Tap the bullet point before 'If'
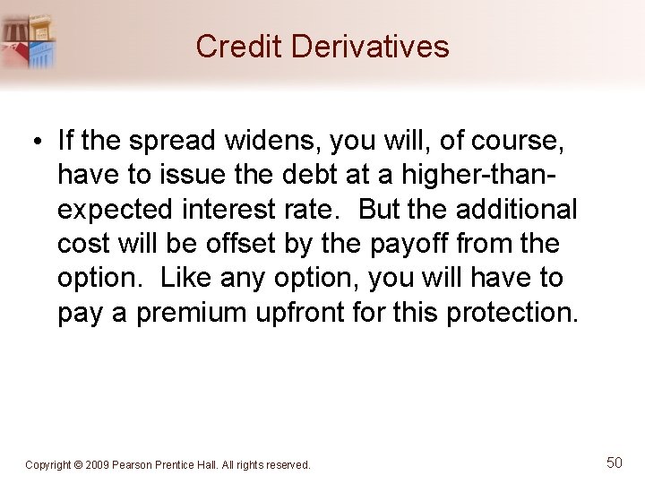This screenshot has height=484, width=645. tap(41, 142)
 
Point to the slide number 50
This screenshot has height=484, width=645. tap(614, 462)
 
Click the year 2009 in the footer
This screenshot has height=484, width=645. tap(98, 465)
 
